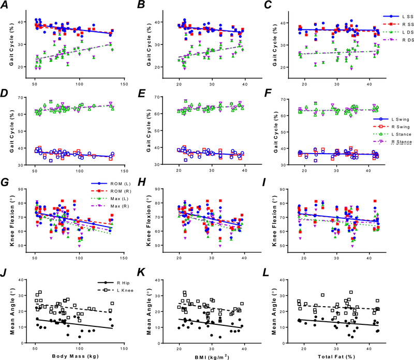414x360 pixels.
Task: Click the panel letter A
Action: tap(5, 5)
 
